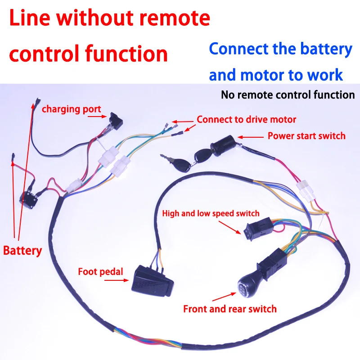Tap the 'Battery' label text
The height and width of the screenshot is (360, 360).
[22, 250]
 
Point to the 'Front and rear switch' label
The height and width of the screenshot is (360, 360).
[229, 309]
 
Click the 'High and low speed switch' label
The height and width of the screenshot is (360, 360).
[211, 213]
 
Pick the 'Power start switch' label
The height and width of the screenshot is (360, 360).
[306, 135]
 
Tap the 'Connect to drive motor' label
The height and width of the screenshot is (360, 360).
[247, 120]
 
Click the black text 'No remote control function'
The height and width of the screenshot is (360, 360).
[288, 95]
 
